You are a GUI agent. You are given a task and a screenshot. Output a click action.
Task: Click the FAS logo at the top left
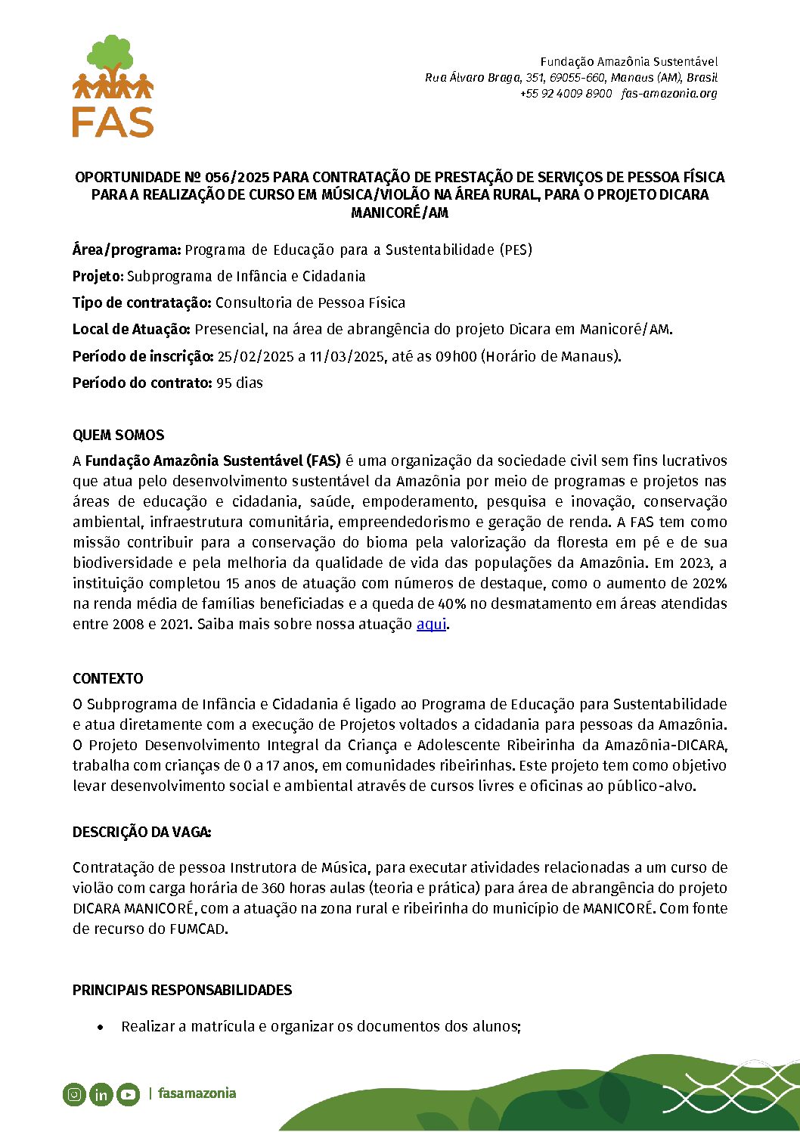pos(113,86)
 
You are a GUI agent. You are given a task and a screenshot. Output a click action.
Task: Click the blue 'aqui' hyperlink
pos(431,625)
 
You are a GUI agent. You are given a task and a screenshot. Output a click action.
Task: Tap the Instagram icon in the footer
pos(74,1094)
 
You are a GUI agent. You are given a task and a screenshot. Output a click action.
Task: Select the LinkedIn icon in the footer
pos(101,1094)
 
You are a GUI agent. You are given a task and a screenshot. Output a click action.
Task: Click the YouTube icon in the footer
pos(128,1094)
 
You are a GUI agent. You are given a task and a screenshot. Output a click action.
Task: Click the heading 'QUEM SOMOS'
pos(118,436)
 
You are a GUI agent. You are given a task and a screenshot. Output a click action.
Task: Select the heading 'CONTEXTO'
pos(107,679)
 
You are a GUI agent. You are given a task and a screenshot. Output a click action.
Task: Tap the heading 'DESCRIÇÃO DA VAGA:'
pos(141,833)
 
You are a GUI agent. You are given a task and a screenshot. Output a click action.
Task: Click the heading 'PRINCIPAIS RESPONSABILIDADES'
pos(181,991)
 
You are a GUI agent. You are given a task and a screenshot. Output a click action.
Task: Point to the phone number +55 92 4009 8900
pos(566,94)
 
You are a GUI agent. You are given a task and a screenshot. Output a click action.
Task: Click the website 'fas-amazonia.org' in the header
pos(668,94)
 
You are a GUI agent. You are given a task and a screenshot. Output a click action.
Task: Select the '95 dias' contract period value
pos(240,383)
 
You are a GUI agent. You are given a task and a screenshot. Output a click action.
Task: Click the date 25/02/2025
pos(255,357)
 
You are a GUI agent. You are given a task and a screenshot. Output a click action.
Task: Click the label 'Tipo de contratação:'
pos(141,303)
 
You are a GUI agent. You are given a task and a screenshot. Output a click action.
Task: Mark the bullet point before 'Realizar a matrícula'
pos(101,1028)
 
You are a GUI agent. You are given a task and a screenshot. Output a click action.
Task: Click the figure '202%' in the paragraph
pos(709,584)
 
